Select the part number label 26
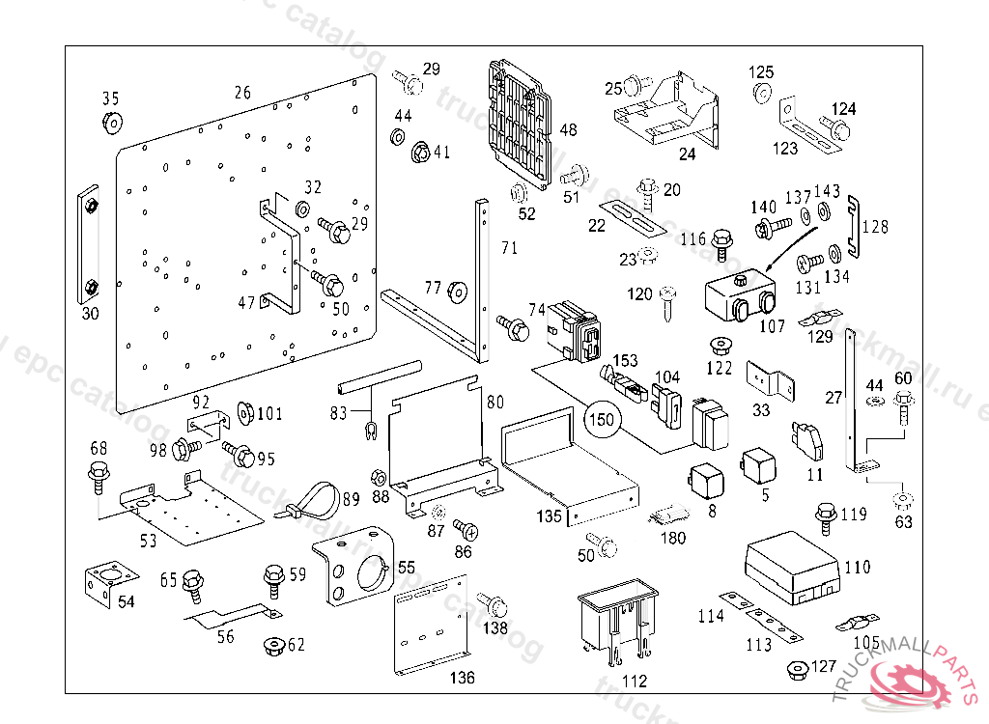pyautogui.click(x=241, y=93)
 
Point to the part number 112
pyautogui.click(x=634, y=681)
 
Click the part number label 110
pyautogui.click(x=857, y=567)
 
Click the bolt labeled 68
pyautogui.click(x=98, y=473)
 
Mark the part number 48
pyautogui.click(x=568, y=129)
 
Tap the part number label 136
pyautogui.click(x=463, y=678)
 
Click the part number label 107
pyautogui.click(x=772, y=326)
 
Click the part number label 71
pyautogui.click(x=509, y=248)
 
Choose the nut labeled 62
pyautogui.click(x=270, y=645)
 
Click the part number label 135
pyautogui.click(x=549, y=515)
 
